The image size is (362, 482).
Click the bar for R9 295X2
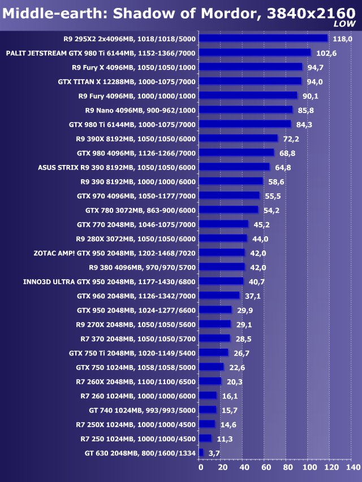[x=264, y=38]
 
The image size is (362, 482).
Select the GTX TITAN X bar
[x=251, y=81]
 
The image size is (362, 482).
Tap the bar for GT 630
[x=201, y=453]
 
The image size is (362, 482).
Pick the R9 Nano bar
[x=247, y=110]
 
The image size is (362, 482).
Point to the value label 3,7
[x=214, y=453]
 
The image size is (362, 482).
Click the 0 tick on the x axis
[x=200, y=468]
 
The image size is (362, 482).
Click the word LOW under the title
[x=344, y=24]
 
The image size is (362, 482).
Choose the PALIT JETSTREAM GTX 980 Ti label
[x=101, y=53]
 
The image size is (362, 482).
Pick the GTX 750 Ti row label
[x=132, y=353]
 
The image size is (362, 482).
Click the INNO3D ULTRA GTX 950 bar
[x=222, y=281]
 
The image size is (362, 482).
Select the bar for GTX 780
[x=229, y=210]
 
